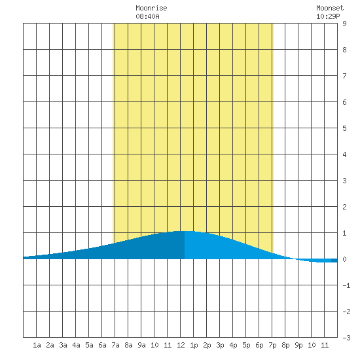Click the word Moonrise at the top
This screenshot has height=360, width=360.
pyautogui.click(x=151, y=8)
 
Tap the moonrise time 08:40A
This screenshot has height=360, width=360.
pyautogui.click(x=147, y=16)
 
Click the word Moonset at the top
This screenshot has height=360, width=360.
pyautogui.click(x=330, y=8)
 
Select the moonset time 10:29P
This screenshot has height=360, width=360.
pyautogui.click(x=328, y=16)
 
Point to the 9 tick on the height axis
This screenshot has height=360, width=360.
pyautogui.click(x=344, y=24)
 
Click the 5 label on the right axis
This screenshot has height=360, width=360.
pyautogui.click(x=344, y=128)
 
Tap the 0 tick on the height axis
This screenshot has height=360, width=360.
pyautogui.click(x=344, y=259)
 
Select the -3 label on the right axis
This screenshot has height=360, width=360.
pyautogui.click(x=346, y=338)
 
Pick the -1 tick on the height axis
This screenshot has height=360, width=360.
pyautogui.click(x=346, y=285)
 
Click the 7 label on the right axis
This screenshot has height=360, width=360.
pyautogui.click(x=344, y=76)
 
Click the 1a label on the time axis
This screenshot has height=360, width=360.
pyautogui.click(x=37, y=345)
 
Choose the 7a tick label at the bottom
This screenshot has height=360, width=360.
pyautogui.click(x=115, y=345)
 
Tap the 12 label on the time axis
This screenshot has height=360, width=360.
pyautogui.click(x=181, y=345)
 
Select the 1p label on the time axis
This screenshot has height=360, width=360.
pyautogui.click(x=194, y=345)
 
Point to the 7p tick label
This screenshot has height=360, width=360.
pyautogui.click(x=272, y=345)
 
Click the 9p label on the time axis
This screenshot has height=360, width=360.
pyautogui.click(x=298, y=345)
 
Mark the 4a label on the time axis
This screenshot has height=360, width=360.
pyautogui.click(x=76, y=345)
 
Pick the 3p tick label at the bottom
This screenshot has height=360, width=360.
pyautogui.click(x=220, y=345)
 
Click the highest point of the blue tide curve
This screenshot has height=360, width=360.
pyautogui.click(x=185, y=231)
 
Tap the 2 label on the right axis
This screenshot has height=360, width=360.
pyautogui.click(x=344, y=207)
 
